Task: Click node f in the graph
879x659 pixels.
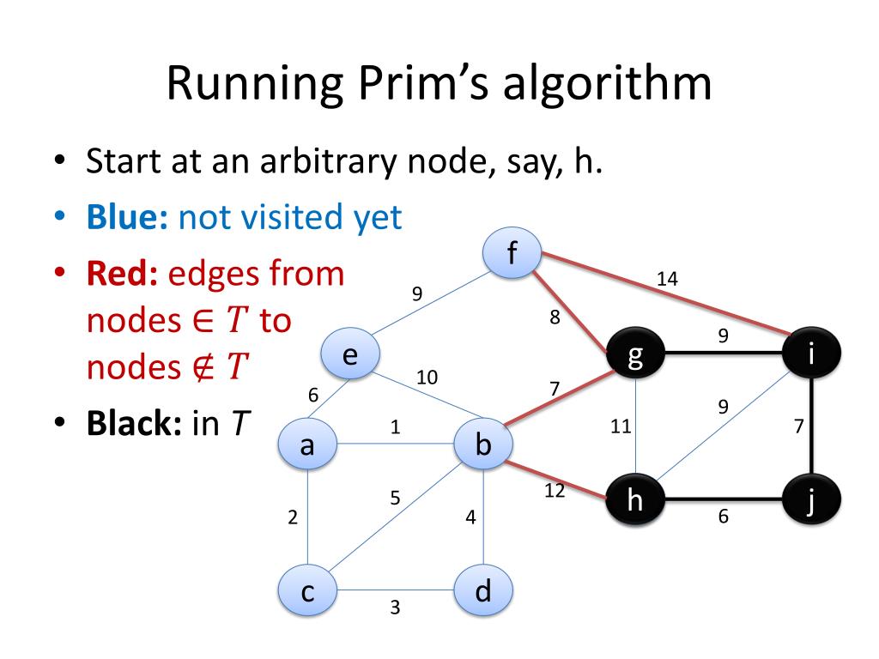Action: tap(512, 253)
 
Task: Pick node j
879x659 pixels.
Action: tap(812, 500)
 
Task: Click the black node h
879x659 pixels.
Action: tap(635, 500)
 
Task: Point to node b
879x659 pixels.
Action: tap(483, 444)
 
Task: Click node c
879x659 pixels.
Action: tap(306, 591)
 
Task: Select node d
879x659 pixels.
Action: tap(483, 591)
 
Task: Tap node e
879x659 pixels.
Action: tap(350, 354)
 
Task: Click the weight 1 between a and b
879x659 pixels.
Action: tap(395, 427)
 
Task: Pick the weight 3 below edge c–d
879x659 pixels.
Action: tap(395, 608)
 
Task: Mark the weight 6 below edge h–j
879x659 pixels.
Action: tap(723, 517)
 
